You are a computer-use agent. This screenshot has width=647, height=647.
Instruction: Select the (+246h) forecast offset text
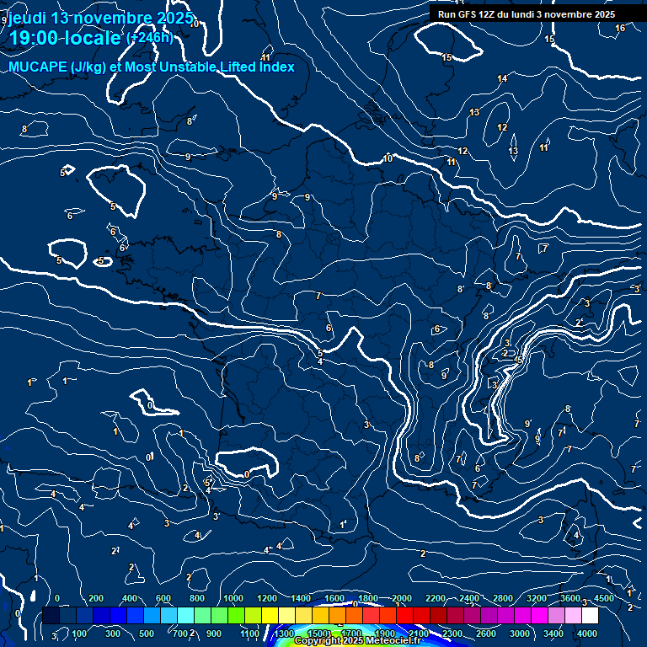(149, 38)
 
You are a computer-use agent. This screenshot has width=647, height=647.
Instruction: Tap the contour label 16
(620, 28)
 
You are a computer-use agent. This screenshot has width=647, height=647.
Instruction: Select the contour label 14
(502, 78)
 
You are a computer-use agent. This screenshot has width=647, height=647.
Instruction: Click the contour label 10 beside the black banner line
(388, 158)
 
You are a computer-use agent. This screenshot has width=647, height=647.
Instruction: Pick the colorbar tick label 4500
(604, 598)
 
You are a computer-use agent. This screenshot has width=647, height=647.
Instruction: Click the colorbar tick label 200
(96, 598)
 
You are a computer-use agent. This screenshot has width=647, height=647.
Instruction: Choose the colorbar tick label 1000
(233, 598)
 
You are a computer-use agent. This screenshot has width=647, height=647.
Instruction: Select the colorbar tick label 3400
(554, 634)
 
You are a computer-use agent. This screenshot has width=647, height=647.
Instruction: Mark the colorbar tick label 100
(79, 634)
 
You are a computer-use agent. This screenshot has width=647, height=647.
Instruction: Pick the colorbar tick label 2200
(436, 598)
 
